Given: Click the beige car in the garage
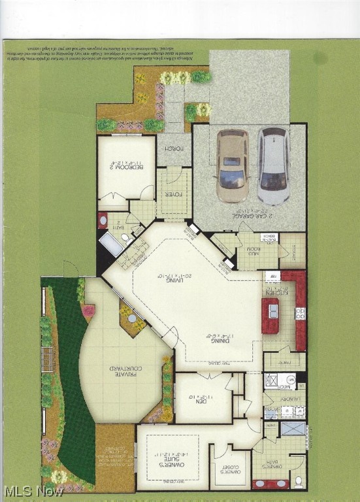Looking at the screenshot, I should coord(232,165).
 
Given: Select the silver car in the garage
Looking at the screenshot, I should coord(272,165).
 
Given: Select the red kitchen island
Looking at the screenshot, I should coord(270,315).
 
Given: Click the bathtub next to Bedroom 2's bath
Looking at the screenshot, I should coord(110,244).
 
